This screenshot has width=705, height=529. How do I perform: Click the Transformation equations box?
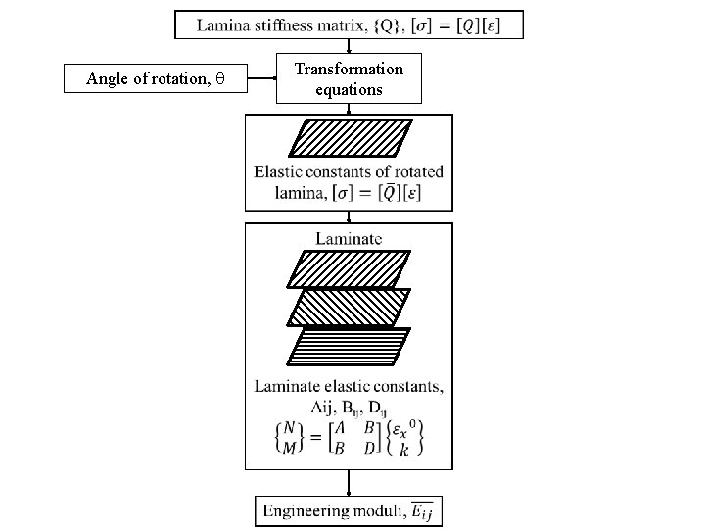click(x=349, y=78)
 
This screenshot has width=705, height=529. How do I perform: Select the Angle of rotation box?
click(x=156, y=78)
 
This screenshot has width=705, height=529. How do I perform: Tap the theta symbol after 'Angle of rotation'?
click(x=220, y=79)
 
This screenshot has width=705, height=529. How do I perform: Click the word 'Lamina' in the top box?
click(x=221, y=25)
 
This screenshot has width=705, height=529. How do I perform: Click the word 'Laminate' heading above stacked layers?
click(x=349, y=238)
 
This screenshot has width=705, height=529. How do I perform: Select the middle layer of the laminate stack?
click(x=349, y=307)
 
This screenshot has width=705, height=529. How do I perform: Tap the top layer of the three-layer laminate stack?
click(x=349, y=268)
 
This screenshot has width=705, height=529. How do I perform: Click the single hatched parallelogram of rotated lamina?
click(x=349, y=138)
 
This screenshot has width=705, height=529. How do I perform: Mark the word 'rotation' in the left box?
click(x=179, y=79)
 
